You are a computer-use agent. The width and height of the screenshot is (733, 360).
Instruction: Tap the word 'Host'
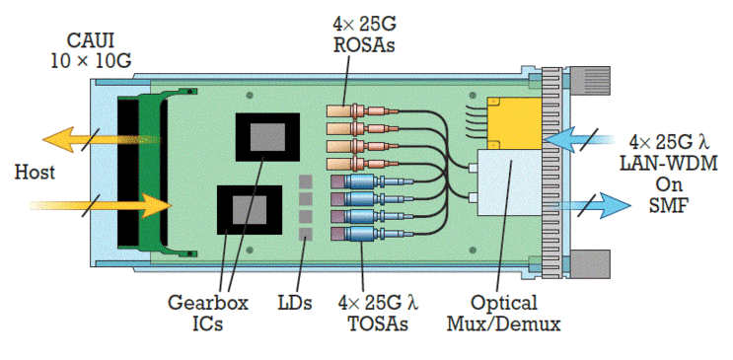point(35,172)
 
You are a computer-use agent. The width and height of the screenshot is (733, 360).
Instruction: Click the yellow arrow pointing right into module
point(109,206)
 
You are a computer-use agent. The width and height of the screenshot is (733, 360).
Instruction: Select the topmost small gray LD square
point(307,182)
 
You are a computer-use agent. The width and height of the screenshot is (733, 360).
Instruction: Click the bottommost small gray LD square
point(307,234)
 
